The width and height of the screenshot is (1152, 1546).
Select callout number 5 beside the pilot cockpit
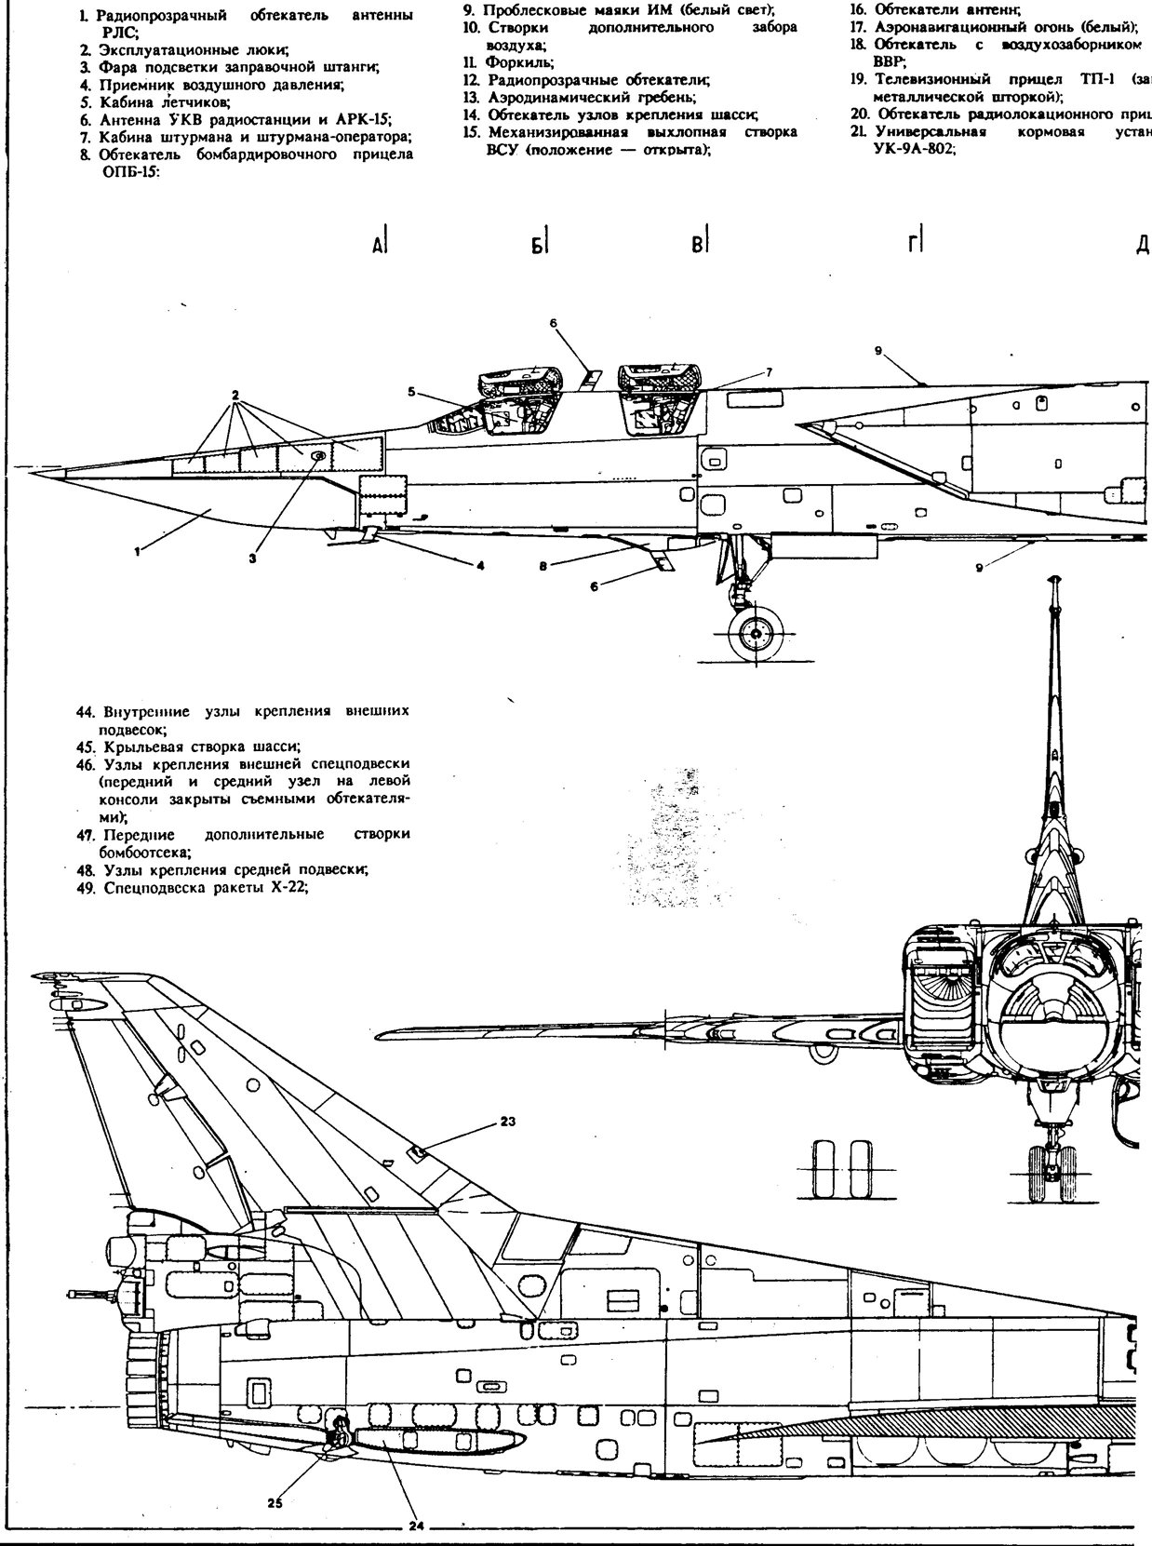coord(410,392)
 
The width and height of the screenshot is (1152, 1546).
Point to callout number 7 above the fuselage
coord(770,371)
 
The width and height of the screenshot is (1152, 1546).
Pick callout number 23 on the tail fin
coord(508,1121)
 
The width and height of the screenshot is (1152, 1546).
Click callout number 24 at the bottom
coord(415,1526)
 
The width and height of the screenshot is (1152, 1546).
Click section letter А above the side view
coord(377,246)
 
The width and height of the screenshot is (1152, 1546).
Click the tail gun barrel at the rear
coord(89,1294)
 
